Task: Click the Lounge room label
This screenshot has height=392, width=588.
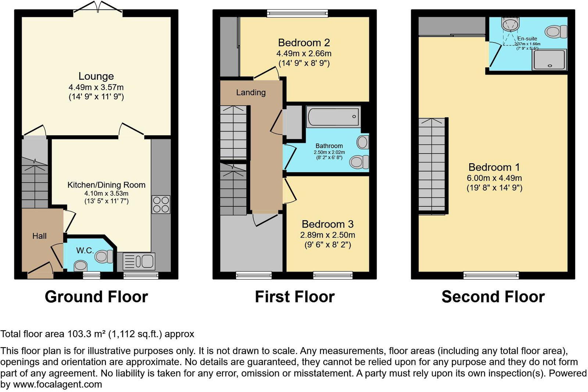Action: tap(96, 76)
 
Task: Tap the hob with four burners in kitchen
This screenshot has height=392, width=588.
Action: tap(161, 204)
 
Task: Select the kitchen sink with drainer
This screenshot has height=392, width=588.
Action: tap(139, 261)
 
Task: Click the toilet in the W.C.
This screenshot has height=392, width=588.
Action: tap(104, 256)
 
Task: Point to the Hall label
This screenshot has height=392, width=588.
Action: tap(39, 236)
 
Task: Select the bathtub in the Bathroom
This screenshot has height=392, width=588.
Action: tap(333, 117)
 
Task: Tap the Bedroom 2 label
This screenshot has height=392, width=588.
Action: tap(304, 43)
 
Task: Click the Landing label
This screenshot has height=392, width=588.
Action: tap(251, 92)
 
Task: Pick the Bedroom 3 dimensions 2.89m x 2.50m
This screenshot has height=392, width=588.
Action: tap(327, 235)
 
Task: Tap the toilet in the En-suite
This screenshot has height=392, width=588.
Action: tap(556, 31)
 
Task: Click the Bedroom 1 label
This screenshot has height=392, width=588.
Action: tap(494, 167)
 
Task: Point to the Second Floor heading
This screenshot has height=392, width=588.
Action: tap(493, 297)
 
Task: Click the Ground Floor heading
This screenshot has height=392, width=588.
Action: tap(96, 297)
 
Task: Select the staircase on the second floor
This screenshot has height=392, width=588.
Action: tap(432, 165)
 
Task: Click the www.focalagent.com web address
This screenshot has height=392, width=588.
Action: tap(57, 385)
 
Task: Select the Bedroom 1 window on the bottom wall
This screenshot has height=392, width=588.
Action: tap(491, 275)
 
